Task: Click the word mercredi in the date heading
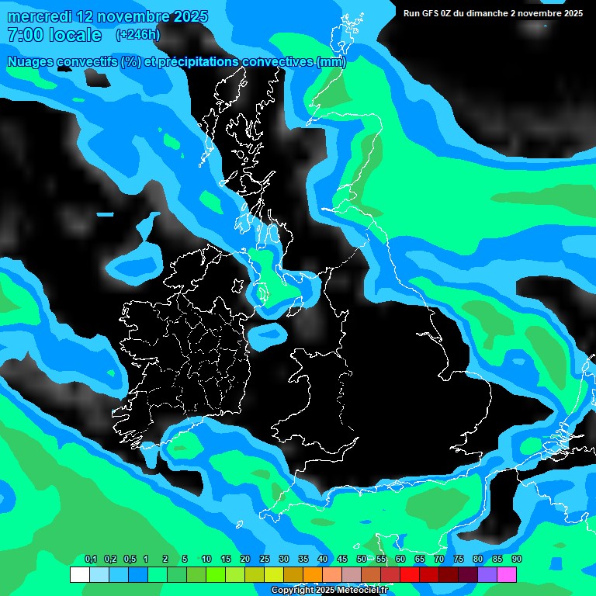click(x=39, y=16)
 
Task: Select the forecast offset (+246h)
click(x=137, y=35)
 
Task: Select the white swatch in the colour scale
click(x=79, y=574)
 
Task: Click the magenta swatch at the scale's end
click(x=507, y=574)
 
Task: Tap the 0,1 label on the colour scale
click(x=90, y=560)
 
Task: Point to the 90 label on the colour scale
click(x=517, y=560)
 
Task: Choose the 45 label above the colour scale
click(x=342, y=560)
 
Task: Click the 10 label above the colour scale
click(x=206, y=560)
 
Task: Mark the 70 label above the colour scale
click(x=439, y=560)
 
